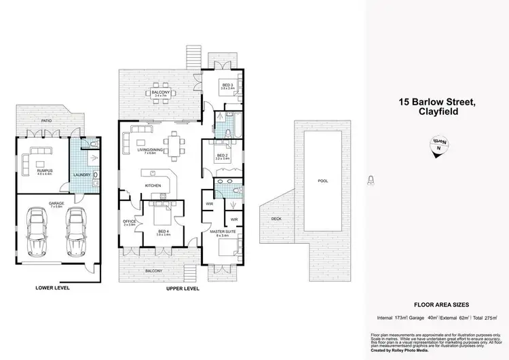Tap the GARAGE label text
(56, 202)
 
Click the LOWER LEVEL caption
(52, 288)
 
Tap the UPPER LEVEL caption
(182, 288)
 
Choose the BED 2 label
(223, 156)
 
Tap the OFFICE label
(128, 221)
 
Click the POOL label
(322, 182)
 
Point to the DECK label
(276, 219)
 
